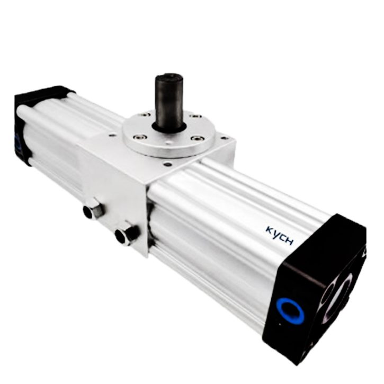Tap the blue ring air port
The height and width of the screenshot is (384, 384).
coord(290,310)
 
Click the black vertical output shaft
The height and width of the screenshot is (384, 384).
coord(170,102)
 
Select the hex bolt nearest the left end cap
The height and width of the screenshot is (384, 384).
coord(93,210)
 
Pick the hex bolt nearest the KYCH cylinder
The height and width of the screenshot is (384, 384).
coord(127,234)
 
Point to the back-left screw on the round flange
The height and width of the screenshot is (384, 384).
coord(148,114)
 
